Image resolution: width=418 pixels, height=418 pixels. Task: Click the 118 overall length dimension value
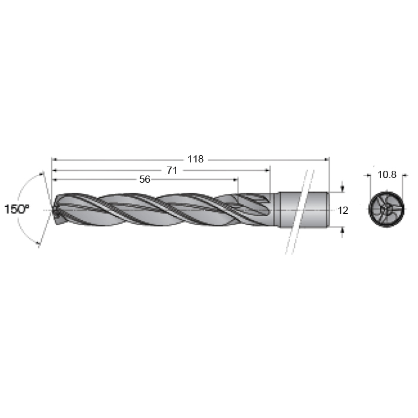(195, 159)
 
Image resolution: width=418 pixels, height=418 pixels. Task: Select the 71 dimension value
(172, 170)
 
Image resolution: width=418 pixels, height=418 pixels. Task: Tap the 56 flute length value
(145, 179)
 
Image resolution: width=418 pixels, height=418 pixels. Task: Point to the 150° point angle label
(17, 209)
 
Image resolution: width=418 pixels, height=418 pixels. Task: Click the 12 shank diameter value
(343, 211)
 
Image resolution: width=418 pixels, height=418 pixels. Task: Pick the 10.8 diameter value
(387, 174)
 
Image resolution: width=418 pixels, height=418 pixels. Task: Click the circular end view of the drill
(386, 209)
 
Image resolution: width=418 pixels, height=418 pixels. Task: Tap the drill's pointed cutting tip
(53, 210)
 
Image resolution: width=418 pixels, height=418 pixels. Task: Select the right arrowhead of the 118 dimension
(327, 159)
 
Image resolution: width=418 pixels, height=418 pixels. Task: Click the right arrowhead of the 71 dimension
(268, 170)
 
